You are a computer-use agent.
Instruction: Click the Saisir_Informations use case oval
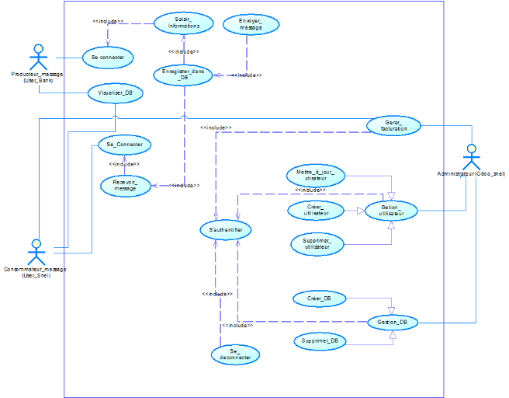183,23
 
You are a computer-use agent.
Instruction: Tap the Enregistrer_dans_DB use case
183,75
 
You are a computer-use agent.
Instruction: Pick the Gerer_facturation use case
393,124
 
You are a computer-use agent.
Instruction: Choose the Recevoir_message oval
125,185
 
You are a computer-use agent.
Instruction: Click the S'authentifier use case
225,230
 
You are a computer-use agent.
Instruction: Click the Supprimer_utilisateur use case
317,244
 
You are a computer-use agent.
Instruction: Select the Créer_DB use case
320,298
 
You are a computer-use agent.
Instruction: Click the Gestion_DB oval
393,321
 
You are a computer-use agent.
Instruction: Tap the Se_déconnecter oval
235,354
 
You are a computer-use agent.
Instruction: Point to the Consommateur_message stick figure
35,252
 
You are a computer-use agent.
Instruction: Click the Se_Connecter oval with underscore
124,145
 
